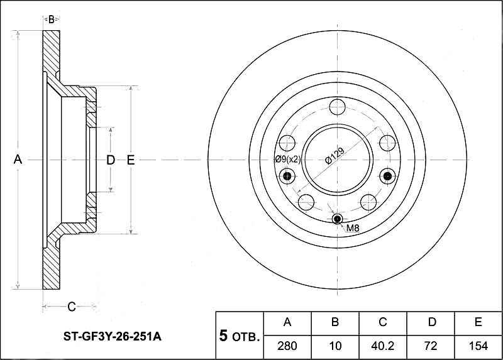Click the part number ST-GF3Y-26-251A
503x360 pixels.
[x=113, y=337]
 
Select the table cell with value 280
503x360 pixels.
[x=287, y=346]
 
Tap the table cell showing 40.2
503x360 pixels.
[x=383, y=346]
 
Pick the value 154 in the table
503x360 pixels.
[x=478, y=346]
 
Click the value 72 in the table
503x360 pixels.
[x=431, y=346]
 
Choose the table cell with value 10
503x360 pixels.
[x=335, y=346]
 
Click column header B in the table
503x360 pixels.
[x=335, y=322]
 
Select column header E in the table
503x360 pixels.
[x=478, y=322]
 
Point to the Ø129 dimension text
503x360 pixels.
[x=334, y=156]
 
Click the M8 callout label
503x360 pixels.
[x=353, y=228]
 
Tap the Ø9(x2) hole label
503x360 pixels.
[x=288, y=159]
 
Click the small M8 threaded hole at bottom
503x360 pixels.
[x=337, y=219]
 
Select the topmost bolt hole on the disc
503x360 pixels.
[x=337, y=107]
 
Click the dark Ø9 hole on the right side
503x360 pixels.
[x=387, y=176]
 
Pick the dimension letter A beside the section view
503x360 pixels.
[x=18, y=160]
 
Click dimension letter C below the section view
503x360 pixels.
[x=71, y=307]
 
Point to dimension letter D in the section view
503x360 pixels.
[x=111, y=160]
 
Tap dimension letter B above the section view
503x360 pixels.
[x=52, y=20]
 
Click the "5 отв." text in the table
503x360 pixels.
[x=239, y=335]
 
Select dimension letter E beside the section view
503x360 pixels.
[x=131, y=160]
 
